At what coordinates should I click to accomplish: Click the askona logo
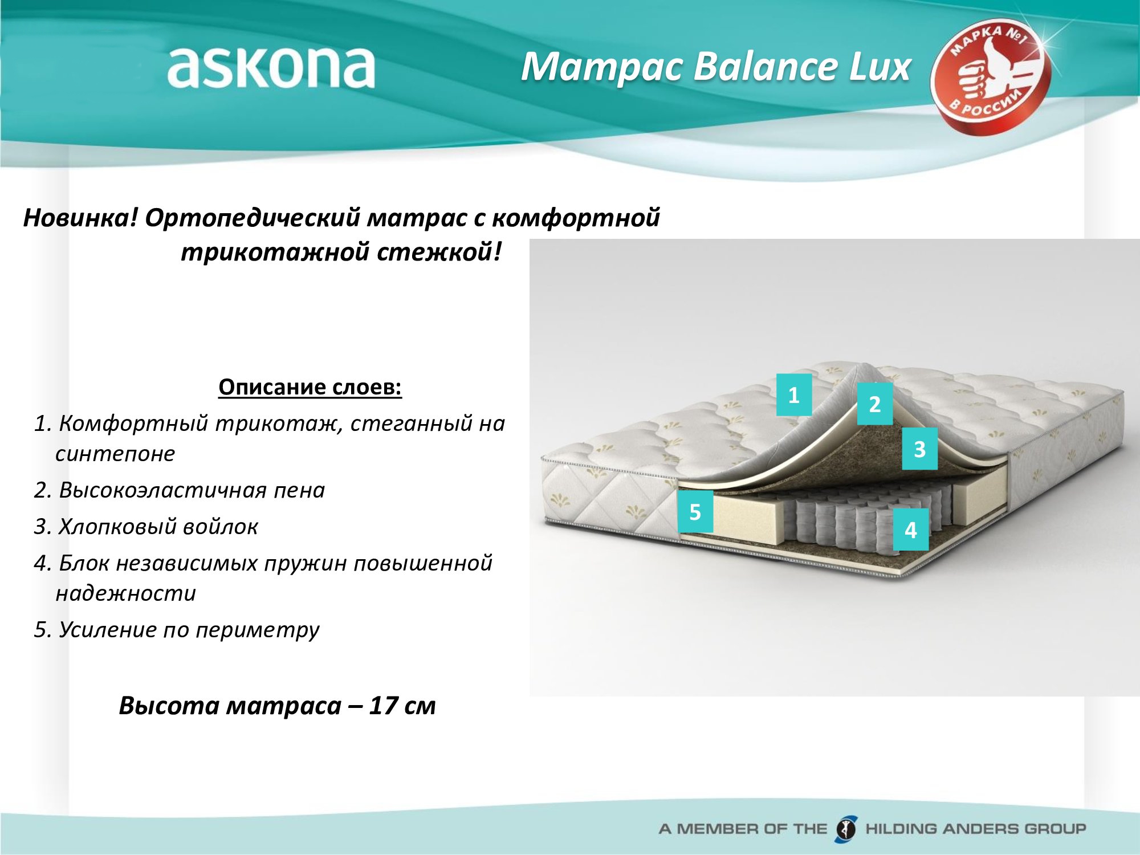(x=271, y=67)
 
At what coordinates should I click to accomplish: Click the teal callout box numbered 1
(x=794, y=394)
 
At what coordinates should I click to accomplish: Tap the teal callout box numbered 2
(x=875, y=404)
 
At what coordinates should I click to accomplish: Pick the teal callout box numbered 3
(x=919, y=449)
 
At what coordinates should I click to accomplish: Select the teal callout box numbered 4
(x=911, y=530)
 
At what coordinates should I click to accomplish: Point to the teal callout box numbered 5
(x=695, y=511)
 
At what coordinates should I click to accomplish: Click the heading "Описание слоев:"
(x=310, y=387)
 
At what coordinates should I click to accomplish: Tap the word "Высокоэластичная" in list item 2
(x=162, y=490)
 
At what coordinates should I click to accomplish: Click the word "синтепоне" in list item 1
(x=115, y=454)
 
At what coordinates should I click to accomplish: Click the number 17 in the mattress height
(x=383, y=706)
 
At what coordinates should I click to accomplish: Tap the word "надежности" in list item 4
(x=126, y=594)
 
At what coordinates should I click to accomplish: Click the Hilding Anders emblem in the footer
(x=846, y=828)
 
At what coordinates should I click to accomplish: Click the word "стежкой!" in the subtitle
(x=439, y=253)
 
